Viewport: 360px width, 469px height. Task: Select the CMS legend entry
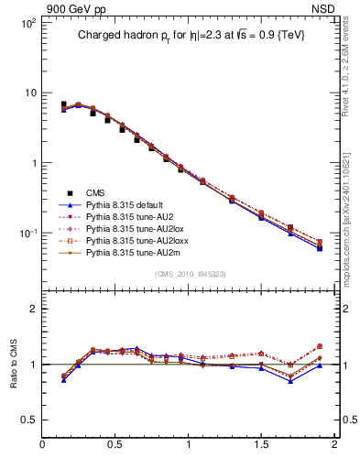tap(97, 192)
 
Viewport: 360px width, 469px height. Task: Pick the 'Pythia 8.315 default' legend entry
tap(128, 206)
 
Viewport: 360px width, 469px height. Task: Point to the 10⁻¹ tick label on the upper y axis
tap(27, 234)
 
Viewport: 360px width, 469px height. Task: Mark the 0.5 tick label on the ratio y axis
tap(28, 420)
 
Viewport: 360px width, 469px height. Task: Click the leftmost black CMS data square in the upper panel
tap(63, 105)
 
